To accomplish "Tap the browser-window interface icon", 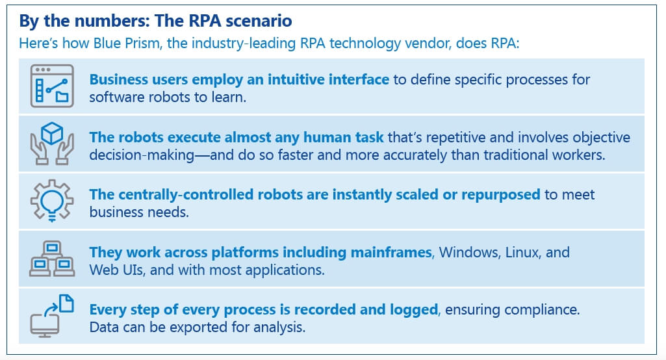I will click(52, 86).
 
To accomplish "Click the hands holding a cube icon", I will click(52, 143).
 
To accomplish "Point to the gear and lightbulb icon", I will click(52, 201).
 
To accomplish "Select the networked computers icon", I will click(52, 258).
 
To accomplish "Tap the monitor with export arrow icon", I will click(52, 315).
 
